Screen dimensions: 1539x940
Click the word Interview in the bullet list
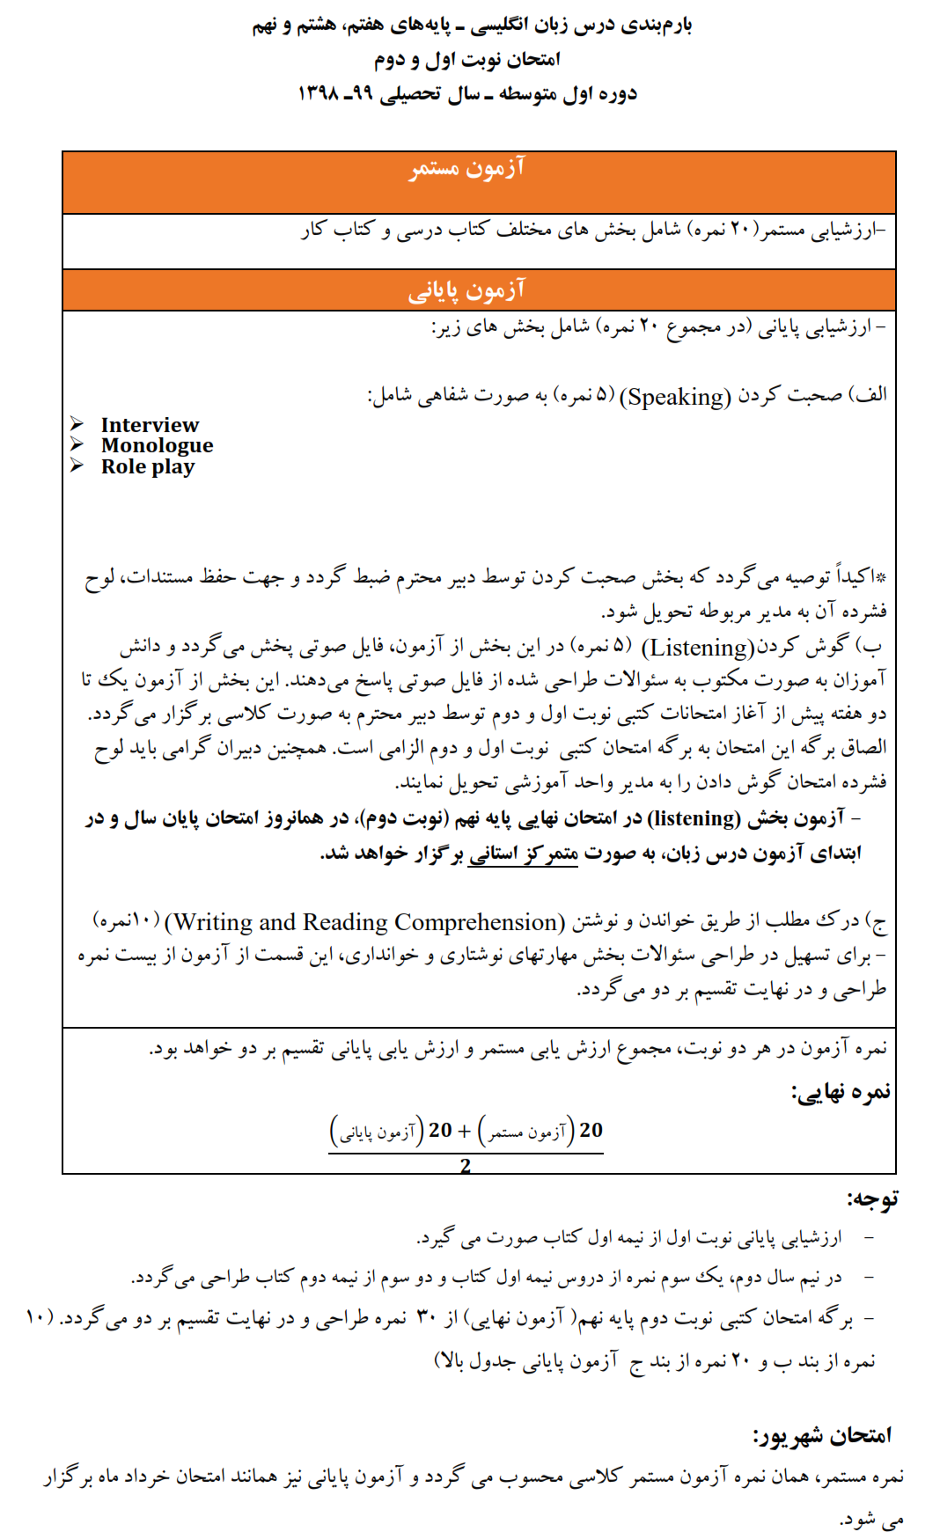[150, 425]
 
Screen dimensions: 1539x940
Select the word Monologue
[157, 446]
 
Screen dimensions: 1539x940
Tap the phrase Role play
[147, 467]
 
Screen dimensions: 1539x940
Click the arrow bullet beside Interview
[77, 424]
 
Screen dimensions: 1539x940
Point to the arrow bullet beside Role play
[77, 465]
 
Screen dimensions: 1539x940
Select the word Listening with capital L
[698, 649]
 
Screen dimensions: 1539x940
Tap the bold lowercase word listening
[694, 819]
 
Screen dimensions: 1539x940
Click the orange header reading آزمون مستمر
[466, 168]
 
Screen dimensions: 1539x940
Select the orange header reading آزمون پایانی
[466, 289]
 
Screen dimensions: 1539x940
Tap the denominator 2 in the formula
[466, 1166]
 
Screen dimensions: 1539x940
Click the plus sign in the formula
[464, 1131]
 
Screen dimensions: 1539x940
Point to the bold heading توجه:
[872, 1198]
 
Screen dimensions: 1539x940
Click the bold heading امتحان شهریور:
[822, 1436]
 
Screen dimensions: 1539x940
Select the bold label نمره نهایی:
[841, 1093]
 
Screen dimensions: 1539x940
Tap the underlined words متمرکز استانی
[524, 854]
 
